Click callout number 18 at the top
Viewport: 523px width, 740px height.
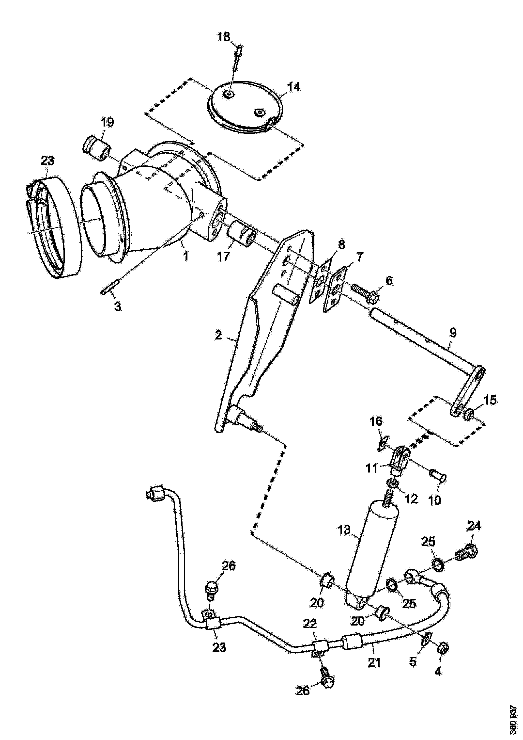coord(224,37)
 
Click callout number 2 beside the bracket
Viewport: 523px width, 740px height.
coord(219,336)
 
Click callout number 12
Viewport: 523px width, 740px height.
coord(411,499)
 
